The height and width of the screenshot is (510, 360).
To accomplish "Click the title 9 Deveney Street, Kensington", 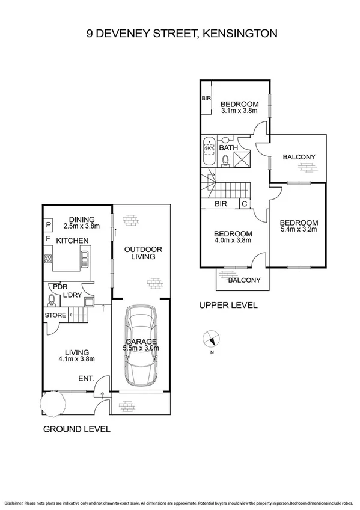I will (182, 34).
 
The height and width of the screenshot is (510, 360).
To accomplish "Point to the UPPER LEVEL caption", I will (228, 306).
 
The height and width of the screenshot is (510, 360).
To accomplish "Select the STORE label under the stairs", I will (55, 315).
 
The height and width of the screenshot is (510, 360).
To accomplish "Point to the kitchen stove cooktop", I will (48, 259).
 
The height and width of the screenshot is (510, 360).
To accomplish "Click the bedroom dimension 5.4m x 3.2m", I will (298, 229).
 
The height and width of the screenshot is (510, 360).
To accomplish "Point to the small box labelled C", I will (244, 204).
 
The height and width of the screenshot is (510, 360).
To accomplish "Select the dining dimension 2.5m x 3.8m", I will (81, 227).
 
